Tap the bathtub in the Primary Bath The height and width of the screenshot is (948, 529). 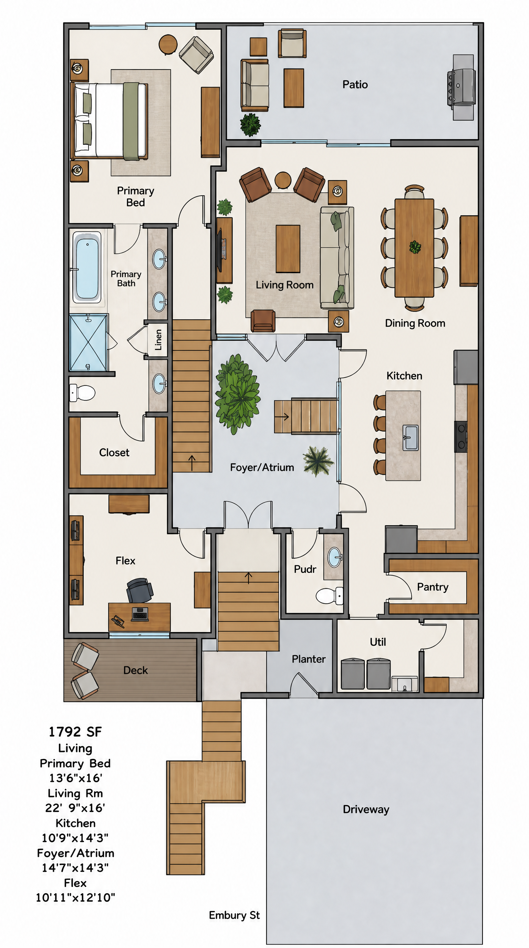point(87,267)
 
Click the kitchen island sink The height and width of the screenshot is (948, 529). point(411,437)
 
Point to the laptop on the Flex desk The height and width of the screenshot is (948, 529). point(140,613)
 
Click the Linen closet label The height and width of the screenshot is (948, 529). point(158,340)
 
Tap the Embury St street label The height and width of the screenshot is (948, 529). point(234,915)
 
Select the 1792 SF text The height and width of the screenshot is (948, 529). point(75,732)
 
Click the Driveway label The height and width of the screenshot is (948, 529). point(366,810)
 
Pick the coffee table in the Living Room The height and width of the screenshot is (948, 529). point(288,249)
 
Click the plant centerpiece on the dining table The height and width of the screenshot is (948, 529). point(415,247)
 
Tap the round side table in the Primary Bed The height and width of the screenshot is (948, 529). point(168,44)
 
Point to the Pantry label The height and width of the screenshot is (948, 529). point(433,587)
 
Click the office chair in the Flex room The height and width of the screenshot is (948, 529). point(139,589)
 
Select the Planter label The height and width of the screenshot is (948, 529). point(309,659)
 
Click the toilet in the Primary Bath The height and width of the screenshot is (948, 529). point(82,393)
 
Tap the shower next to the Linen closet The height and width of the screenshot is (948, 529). point(88,342)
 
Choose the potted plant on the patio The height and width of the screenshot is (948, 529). point(250,125)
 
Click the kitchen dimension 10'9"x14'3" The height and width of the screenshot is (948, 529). point(75,838)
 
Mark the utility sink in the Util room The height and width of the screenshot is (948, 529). point(405,684)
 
